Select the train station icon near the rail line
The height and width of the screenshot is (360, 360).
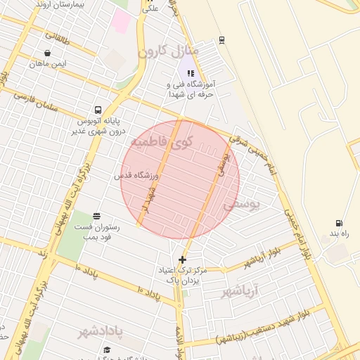pos(222,40)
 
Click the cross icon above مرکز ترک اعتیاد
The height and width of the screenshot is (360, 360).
pos(183,259)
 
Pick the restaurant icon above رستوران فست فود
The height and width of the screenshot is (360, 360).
pos(96,216)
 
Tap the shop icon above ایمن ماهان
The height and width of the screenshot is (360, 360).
pos(47,53)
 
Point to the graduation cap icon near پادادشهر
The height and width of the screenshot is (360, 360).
pos(107,349)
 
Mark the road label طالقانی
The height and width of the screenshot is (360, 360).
pos(58,37)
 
